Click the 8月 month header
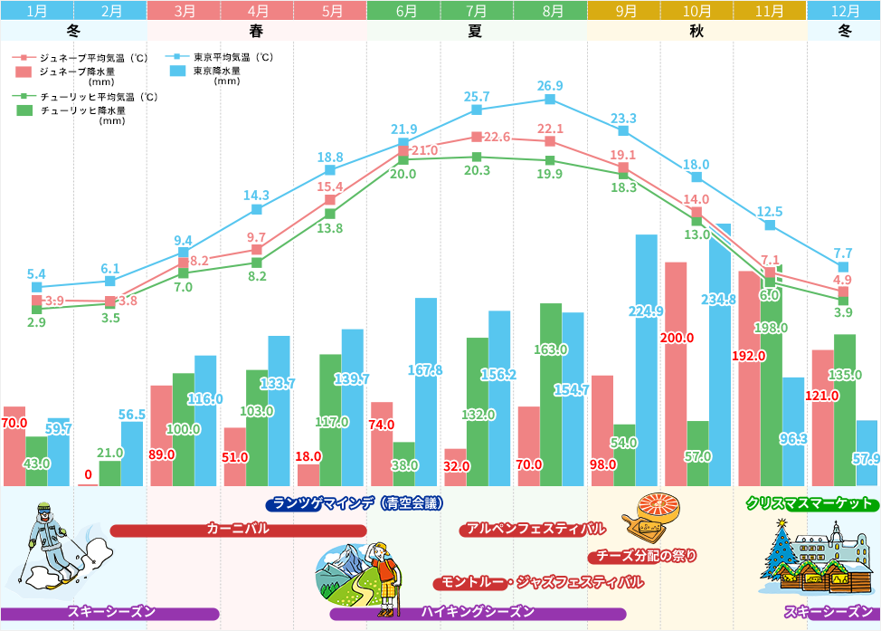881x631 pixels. click(550, 12)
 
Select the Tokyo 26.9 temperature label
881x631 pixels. click(549, 86)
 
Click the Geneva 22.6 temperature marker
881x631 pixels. click(477, 137)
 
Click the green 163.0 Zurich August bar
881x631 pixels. click(551, 395)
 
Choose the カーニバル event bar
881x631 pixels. click(238, 530)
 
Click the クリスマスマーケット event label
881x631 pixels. click(809, 503)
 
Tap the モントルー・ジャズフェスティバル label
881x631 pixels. click(541, 582)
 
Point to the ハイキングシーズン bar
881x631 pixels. click(478, 613)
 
